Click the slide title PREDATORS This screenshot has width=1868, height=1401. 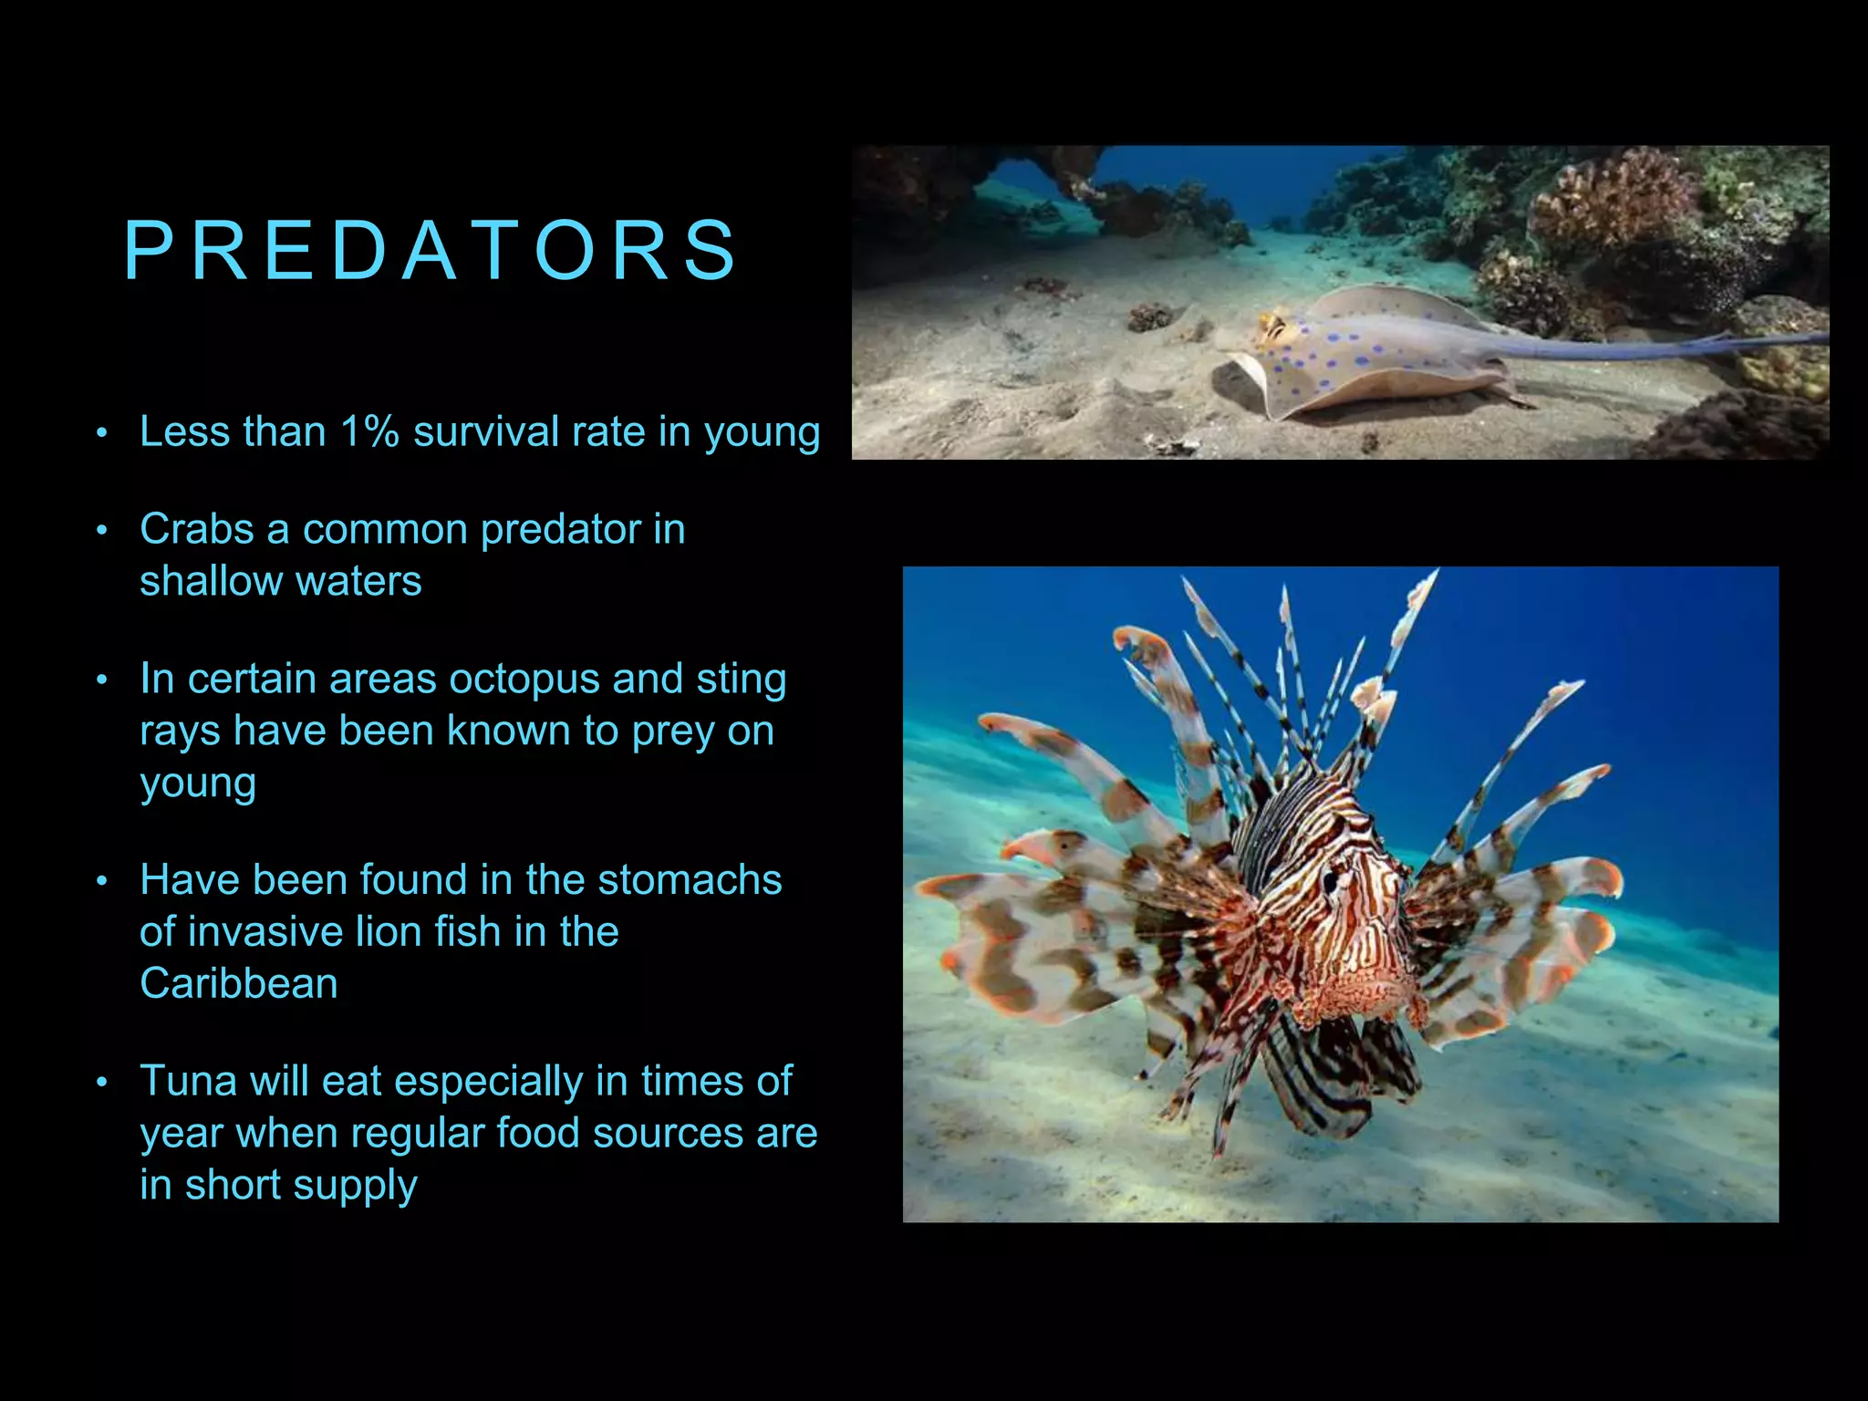(431, 251)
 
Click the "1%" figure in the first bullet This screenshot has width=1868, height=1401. (369, 431)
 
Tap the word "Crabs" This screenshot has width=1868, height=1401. (196, 529)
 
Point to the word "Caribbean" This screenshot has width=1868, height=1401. (239, 983)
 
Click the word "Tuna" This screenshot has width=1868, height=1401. (187, 1081)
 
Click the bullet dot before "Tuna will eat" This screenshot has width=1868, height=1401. (102, 1083)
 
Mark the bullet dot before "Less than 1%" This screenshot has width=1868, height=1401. (102, 433)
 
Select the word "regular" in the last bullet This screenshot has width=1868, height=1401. (417, 1134)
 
